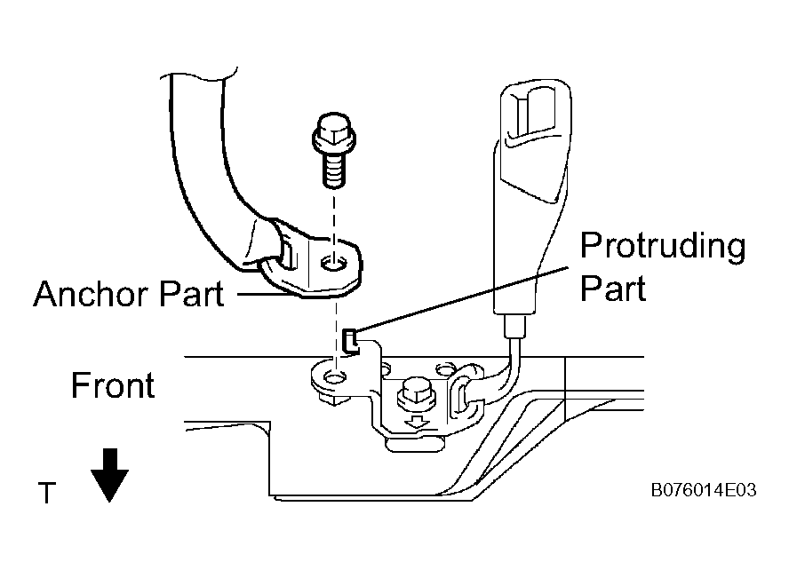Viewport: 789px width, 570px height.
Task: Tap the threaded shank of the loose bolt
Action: pyautogui.click(x=334, y=170)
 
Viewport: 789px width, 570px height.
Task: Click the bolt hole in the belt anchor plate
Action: pyautogui.click(x=333, y=262)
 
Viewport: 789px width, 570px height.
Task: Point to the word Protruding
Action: pyautogui.click(x=663, y=246)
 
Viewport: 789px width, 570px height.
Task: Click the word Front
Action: pyautogui.click(x=113, y=385)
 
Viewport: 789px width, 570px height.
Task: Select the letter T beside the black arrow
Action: pyautogui.click(x=47, y=493)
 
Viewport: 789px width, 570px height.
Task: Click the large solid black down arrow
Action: pyautogui.click(x=109, y=475)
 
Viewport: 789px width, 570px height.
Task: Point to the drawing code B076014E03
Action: pyautogui.click(x=704, y=490)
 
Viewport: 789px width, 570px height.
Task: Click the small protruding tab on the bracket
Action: pyautogui.click(x=350, y=341)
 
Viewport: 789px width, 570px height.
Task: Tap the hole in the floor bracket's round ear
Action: pyautogui.click(x=333, y=376)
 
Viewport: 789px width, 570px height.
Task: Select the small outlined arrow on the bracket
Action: pyautogui.click(x=417, y=421)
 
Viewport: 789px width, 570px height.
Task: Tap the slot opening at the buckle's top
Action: pyautogui.click(x=529, y=113)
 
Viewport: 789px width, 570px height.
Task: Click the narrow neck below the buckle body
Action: pyautogui.click(x=514, y=326)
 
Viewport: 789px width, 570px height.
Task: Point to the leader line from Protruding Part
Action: pyautogui.click(x=463, y=298)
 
